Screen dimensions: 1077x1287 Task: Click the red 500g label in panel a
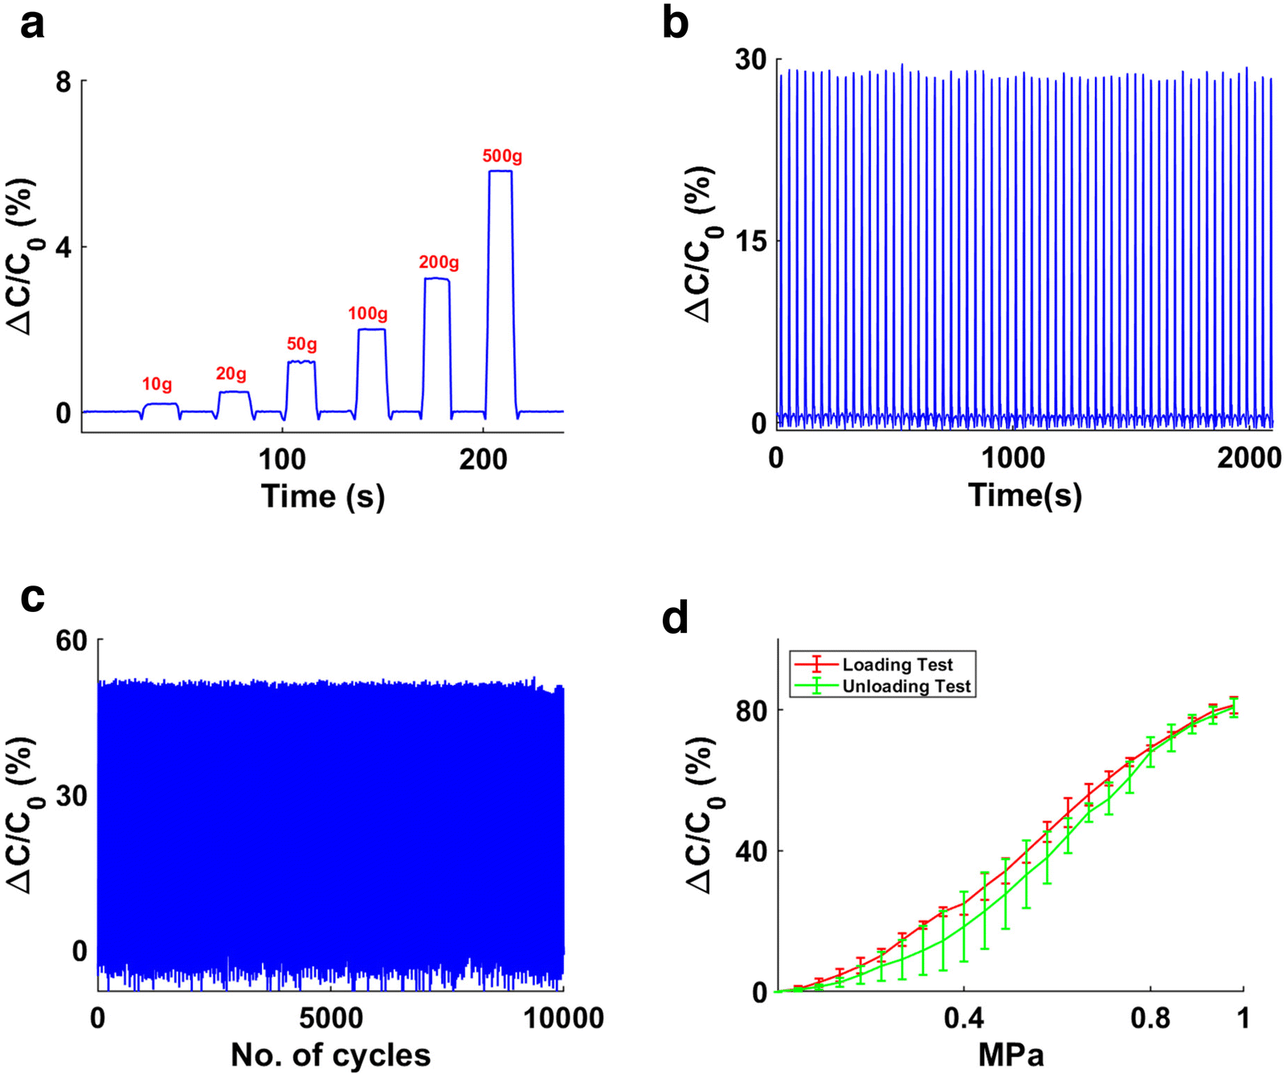pyautogui.click(x=502, y=156)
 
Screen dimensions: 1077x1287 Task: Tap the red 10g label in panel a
pyautogui.click(x=157, y=385)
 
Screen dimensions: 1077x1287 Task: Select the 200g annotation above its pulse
pyautogui.click(x=439, y=263)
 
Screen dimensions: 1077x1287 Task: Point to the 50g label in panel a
pyautogui.click(x=302, y=345)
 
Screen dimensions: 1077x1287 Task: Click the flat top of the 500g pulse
pyautogui.click(x=500, y=171)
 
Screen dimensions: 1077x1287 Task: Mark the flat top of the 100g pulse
pyautogui.click(x=371, y=329)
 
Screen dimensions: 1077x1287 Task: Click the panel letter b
pyautogui.click(x=676, y=24)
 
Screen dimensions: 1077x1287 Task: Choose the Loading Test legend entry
pyautogui.click(x=897, y=664)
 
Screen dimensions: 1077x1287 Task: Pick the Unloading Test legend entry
pyautogui.click(x=906, y=686)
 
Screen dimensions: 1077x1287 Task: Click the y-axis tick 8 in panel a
pyautogui.click(x=63, y=82)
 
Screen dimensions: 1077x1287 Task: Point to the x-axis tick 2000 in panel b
pyautogui.click(x=1248, y=458)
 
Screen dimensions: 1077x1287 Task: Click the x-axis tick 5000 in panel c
pyautogui.click(x=330, y=1018)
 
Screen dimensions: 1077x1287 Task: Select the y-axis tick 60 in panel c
pyautogui.click(x=71, y=640)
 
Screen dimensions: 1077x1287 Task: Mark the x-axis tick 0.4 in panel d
pyautogui.click(x=963, y=1018)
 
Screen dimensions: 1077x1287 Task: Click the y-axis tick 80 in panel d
pyautogui.click(x=751, y=710)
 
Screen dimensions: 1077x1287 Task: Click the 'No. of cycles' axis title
pyautogui.click(x=330, y=1055)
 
